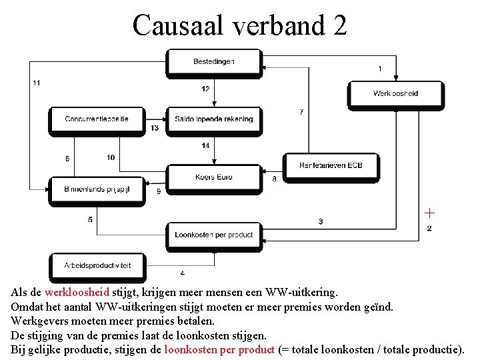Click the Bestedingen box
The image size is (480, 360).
(214, 62)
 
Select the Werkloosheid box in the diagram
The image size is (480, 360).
(395, 93)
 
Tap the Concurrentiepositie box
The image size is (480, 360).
(97, 119)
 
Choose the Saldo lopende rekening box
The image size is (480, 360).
(214, 119)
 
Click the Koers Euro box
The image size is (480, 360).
(214, 177)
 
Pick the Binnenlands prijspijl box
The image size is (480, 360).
(97, 189)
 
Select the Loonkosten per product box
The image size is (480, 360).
(214, 235)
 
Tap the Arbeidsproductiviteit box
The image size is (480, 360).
(97, 265)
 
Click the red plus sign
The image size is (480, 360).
(430, 213)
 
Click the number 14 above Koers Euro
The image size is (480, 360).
(205, 145)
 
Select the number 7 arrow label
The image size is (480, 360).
(302, 111)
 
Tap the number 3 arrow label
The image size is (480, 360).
(321, 221)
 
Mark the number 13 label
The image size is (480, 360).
(155, 128)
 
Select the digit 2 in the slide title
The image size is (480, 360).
(339, 25)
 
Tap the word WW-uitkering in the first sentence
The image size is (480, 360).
(303, 292)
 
